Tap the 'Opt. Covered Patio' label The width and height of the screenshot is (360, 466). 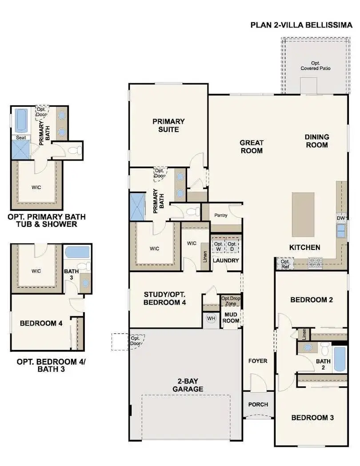[315, 66]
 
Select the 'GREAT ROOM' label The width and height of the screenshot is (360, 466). [252, 147]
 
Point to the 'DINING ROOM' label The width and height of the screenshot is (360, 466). [316, 141]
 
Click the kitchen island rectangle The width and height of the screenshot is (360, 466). [303, 208]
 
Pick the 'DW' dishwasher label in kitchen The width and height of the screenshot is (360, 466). [341, 218]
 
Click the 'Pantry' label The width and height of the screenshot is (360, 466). [220, 216]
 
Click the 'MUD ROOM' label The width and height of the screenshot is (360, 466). [231, 317]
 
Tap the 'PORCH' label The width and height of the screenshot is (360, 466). [258, 404]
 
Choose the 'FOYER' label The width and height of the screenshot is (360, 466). [258, 361]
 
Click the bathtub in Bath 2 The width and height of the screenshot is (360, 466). [339, 359]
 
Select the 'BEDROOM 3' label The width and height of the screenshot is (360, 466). [312, 418]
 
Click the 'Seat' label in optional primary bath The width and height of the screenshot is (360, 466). [20, 138]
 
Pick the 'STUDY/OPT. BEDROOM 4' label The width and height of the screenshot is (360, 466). [165, 298]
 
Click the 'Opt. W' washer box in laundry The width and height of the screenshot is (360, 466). [218, 246]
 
